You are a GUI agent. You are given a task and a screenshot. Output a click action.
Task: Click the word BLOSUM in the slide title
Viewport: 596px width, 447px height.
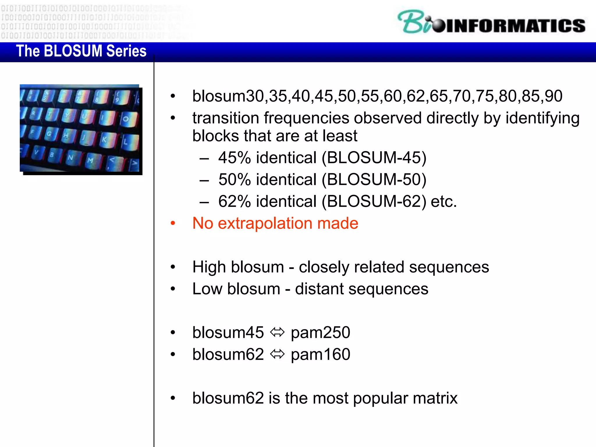(73, 51)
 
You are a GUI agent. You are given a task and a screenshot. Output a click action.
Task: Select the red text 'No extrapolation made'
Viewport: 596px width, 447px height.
(275, 223)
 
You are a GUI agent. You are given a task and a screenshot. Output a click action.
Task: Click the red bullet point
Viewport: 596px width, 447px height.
(173, 223)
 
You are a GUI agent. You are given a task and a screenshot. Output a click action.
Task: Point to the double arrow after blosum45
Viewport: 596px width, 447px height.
(277, 332)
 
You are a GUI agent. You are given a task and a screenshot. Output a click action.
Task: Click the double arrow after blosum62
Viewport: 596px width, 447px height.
(277, 354)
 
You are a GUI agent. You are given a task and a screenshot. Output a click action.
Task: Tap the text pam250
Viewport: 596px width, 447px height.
(320, 333)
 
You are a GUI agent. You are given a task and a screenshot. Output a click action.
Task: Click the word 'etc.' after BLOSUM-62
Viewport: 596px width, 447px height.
(444, 201)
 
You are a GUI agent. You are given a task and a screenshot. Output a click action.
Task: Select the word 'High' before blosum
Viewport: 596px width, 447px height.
(209, 267)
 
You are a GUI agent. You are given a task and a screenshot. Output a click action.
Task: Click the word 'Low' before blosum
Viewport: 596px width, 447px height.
(207, 289)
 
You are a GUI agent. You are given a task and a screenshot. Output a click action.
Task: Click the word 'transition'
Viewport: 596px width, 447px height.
(226, 118)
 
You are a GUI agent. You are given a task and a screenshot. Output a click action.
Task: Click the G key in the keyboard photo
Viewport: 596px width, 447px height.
(49, 134)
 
